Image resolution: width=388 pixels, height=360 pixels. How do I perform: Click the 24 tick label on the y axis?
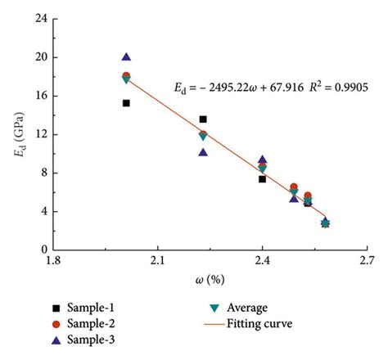coord(38,19)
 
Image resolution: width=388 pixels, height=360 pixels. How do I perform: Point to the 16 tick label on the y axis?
coord(38,96)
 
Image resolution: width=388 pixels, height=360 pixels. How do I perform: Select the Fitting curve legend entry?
coord(246,323)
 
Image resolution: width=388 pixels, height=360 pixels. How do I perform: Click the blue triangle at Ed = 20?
coord(126,57)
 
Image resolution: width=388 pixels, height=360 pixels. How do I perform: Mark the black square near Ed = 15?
coord(126,103)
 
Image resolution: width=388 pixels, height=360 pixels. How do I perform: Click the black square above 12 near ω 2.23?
coord(203,119)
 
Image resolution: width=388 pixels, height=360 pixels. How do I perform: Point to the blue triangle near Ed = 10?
coord(203,152)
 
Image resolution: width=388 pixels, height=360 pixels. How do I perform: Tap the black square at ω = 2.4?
coord(262,178)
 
